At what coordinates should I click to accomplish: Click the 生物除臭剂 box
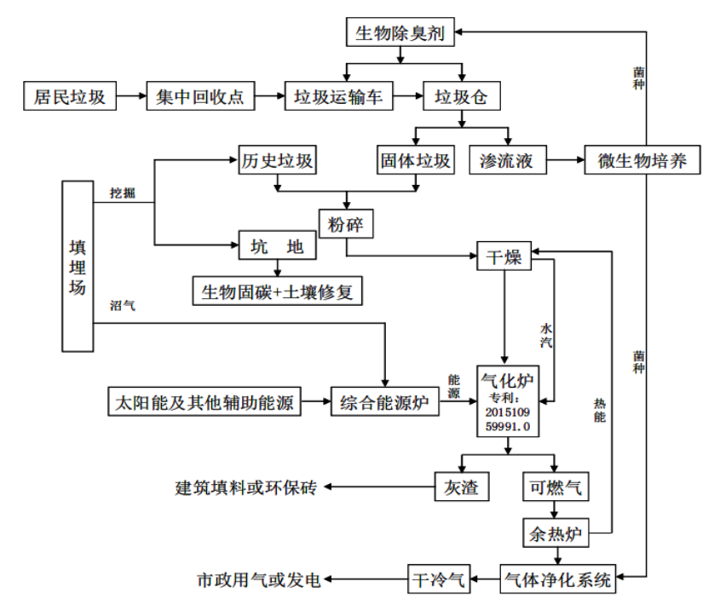click(400, 33)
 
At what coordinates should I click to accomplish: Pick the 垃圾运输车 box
click(338, 96)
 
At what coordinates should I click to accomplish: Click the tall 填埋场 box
click(78, 266)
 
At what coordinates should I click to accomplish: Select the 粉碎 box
click(346, 224)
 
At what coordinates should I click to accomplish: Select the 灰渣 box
click(462, 487)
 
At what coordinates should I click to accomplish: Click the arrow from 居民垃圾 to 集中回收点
click(130, 96)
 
